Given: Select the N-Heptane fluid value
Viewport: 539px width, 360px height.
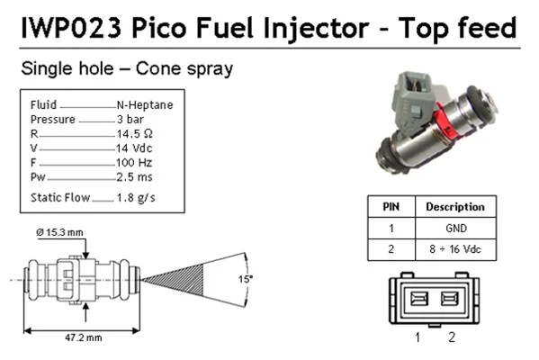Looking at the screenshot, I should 144,104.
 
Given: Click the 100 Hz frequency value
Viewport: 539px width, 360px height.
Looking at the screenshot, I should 134,162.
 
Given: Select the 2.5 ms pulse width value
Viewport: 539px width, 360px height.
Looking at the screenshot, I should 134,176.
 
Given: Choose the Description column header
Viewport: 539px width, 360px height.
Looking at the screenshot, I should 454,206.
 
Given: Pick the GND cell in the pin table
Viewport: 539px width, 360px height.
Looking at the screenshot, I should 455,228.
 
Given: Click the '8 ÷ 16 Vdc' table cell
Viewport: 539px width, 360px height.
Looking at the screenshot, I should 455,249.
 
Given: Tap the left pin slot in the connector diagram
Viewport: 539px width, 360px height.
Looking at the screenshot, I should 419,299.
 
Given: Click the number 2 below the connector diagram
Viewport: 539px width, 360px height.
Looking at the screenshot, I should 452,337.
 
